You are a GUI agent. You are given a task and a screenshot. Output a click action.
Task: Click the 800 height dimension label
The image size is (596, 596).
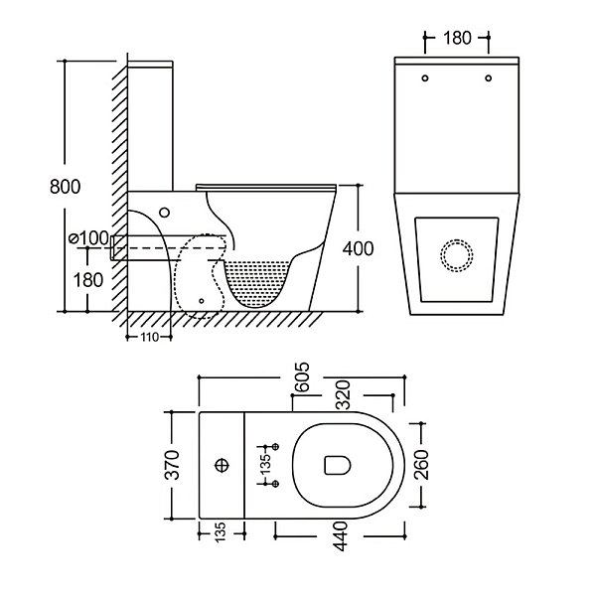tap(65, 186)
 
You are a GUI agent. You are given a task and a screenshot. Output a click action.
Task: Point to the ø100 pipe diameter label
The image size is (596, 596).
tap(87, 237)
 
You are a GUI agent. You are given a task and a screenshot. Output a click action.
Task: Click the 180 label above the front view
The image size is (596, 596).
tap(456, 39)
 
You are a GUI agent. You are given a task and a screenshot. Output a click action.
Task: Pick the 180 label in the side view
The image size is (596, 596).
tap(88, 279)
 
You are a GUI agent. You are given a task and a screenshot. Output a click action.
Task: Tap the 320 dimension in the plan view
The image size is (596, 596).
tap(343, 398)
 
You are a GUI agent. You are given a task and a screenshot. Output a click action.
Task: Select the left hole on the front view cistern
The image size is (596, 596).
tap(424, 77)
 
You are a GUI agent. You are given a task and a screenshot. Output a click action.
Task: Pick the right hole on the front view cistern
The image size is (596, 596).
tap(489, 77)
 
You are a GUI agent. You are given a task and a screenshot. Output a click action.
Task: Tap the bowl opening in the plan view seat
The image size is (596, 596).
tap(335, 465)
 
